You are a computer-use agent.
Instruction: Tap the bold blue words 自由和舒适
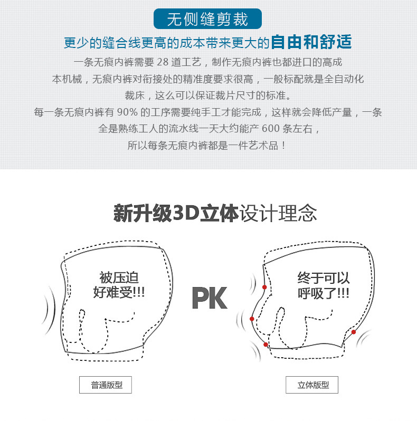tap(311, 42)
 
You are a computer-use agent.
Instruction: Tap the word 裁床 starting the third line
tap(135, 95)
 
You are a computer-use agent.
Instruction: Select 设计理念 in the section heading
tap(278, 214)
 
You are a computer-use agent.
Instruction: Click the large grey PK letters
tap(209, 298)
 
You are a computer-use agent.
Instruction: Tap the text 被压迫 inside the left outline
tap(119, 278)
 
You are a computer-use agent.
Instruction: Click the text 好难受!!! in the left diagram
tap(119, 292)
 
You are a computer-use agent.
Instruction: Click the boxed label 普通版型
tap(105, 385)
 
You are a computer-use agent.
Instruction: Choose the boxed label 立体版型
tap(312, 385)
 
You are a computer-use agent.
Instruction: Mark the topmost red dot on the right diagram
tap(264, 287)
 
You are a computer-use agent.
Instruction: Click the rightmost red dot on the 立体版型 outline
tap(354, 332)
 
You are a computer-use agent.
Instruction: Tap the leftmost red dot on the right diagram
tap(252, 319)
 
